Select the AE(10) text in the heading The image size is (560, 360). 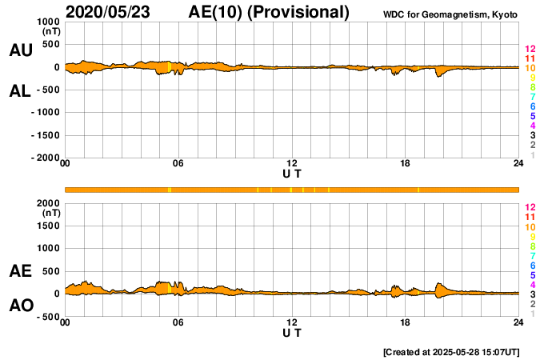click(x=218, y=12)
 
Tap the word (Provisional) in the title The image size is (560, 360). click(x=299, y=12)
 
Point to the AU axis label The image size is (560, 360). click(x=20, y=50)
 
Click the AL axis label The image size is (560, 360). click(x=20, y=91)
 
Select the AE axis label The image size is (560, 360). click(x=20, y=271)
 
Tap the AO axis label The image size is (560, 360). click(x=20, y=306)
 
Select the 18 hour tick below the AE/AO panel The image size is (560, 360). click(x=406, y=322)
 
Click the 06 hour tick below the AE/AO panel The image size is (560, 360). click(x=178, y=322)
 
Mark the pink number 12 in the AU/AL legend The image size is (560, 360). click(x=530, y=49)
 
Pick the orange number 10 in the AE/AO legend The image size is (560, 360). click(x=530, y=226)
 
